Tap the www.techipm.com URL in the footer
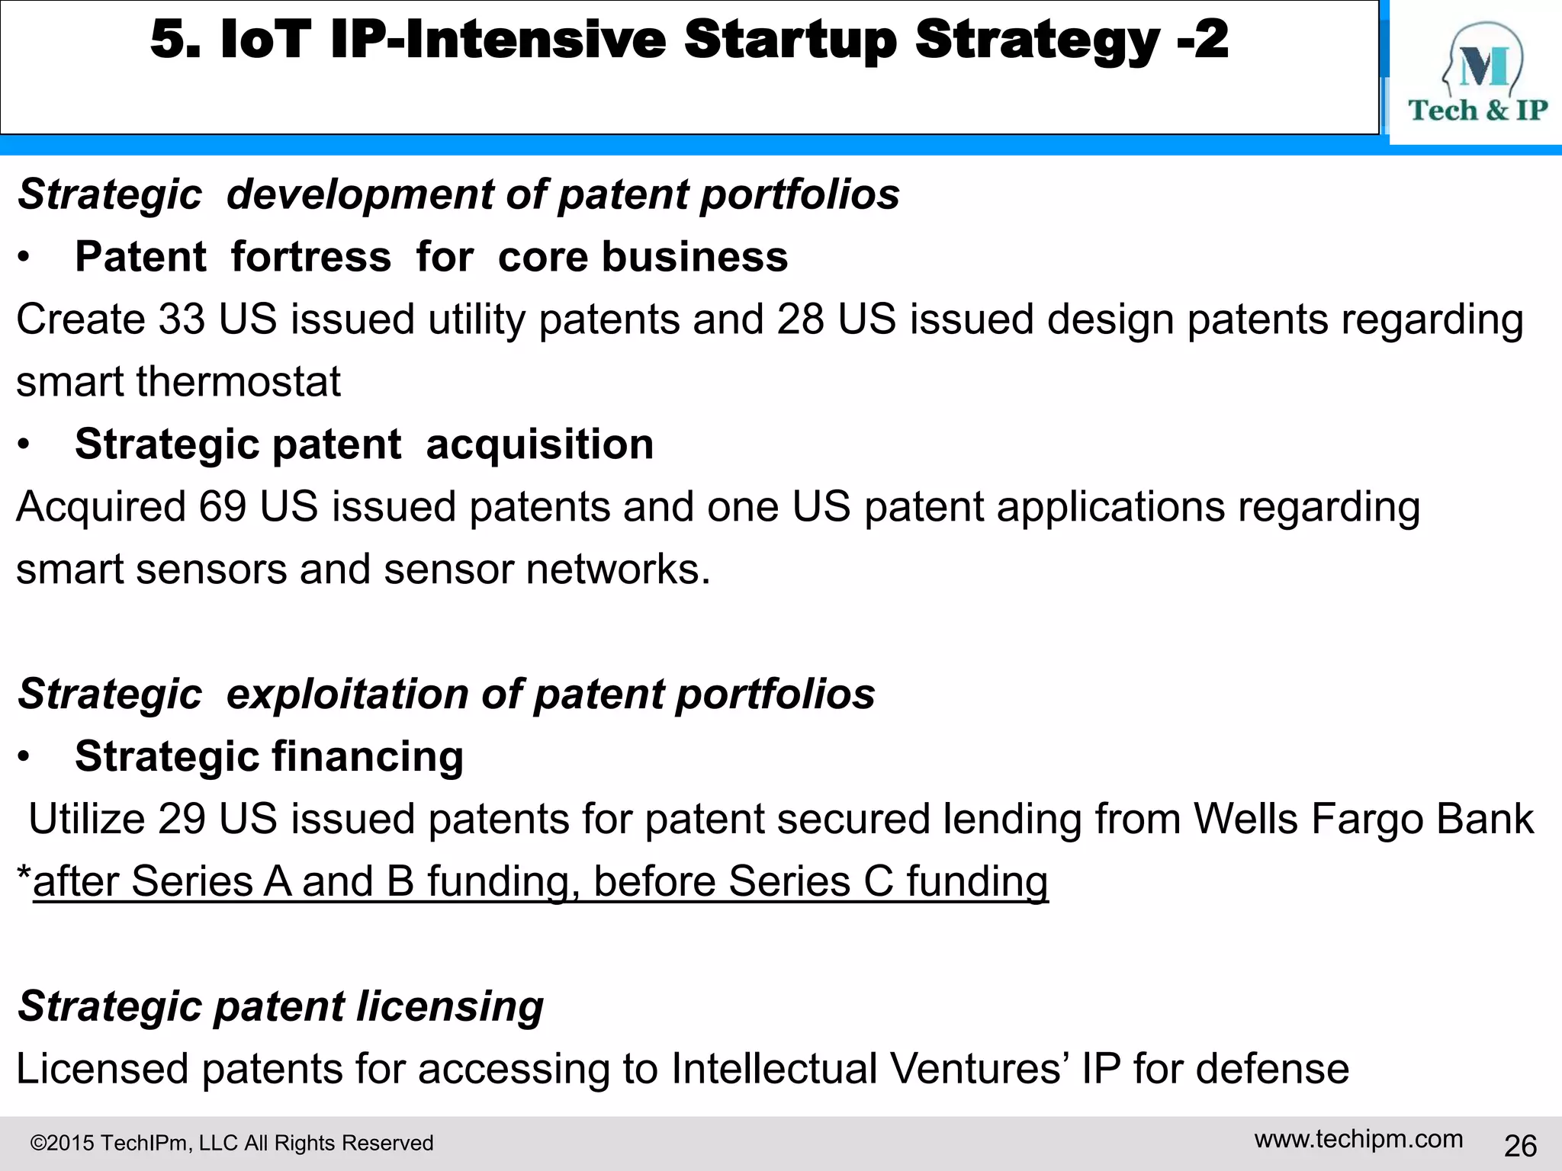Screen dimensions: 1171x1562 click(x=1358, y=1139)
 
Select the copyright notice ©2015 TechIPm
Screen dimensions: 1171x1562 click(x=231, y=1143)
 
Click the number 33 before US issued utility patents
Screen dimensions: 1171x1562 click(x=182, y=319)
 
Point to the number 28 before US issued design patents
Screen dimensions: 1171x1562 click(x=800, y=319)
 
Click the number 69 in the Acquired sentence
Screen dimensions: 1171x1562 click(x=223, y=506)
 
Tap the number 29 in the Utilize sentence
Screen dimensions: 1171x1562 click(x=182, y=819)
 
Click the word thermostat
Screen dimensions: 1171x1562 click(x=238, y=381)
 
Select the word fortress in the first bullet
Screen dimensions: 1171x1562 click(x=311, y=257)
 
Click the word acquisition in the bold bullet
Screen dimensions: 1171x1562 click(x=539, y=444)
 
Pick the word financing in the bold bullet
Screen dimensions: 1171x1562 click(x=368, y=757)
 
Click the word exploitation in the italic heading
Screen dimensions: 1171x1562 click(x=347, y=695)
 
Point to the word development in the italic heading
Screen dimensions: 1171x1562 click(x=359, y=194)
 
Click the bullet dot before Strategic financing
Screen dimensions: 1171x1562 click(x=24, y=757)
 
